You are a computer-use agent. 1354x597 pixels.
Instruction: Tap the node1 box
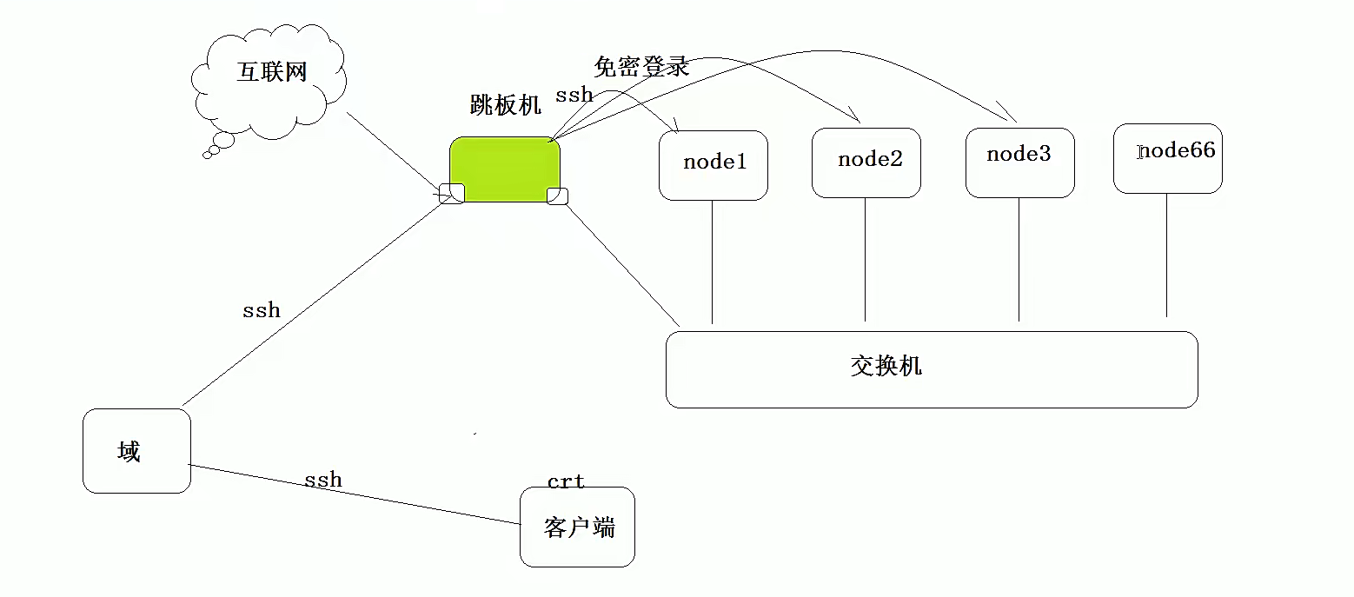tap(714, 165)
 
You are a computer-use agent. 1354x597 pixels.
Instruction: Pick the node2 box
tap(866, 163)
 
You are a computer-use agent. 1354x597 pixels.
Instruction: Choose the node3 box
tap(1019, 163)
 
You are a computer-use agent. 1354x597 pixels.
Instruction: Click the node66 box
tap(1167, 158)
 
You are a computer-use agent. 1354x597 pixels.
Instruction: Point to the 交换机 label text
tap(886, 366)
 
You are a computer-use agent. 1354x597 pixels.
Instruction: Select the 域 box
tap(136, 451)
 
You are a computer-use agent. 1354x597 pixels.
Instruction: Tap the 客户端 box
tap(578, 527)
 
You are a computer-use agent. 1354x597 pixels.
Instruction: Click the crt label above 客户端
tap(566, 481)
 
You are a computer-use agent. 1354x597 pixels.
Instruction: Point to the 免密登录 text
tap(641, 67)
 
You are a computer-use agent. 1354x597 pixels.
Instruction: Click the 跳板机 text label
tap(505, 105)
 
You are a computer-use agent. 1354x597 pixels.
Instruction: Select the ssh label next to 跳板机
tap(574, 95)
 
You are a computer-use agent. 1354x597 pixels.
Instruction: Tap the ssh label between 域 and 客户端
tap(322, 480)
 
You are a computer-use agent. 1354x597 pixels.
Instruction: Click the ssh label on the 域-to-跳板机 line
tap(261, 309)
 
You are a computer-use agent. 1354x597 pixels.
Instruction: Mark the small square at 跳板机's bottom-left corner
tap(452, 194)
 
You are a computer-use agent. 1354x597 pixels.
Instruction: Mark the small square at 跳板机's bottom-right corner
tap(557, 196)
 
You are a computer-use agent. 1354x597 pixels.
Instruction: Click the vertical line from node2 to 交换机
tap(866, 261)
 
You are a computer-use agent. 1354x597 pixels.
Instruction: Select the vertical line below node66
tap(1166, 256)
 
